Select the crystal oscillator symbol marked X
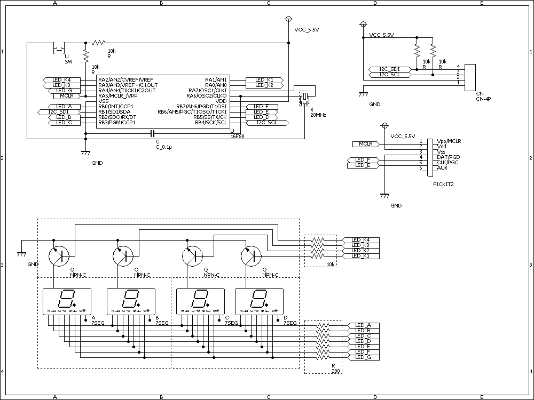click(x=304, y=99)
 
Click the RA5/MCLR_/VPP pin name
click(x=117, y=96)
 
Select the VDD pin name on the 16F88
click(x=221, y=101)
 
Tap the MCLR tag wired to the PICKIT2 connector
click(x=365, y=144)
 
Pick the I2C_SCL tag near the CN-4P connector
click(x=389, y=75)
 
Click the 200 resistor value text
click(x=335, y=370)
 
